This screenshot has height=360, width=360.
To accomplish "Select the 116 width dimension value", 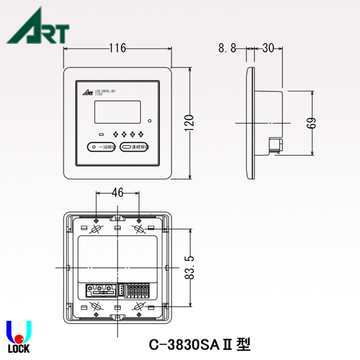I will (117, 48).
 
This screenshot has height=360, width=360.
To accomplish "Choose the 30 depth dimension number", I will (269, 48).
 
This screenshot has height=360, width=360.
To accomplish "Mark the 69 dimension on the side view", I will (312, 122).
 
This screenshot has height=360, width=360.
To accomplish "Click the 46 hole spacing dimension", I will (117, 192).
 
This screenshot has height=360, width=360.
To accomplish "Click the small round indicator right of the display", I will (149, 120).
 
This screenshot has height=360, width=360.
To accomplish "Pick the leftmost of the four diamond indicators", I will (116, 134).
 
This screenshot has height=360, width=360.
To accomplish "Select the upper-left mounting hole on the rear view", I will (96, 229).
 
